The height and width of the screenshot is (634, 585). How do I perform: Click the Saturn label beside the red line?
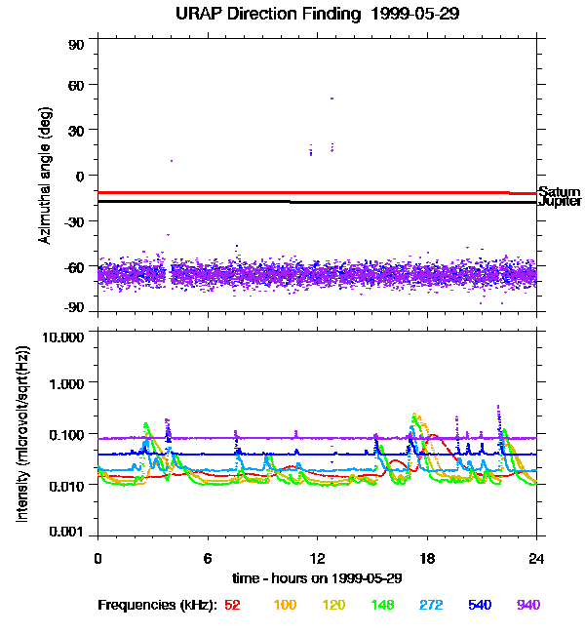coord(559,192)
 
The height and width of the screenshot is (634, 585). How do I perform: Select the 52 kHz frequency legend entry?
coord(232,605)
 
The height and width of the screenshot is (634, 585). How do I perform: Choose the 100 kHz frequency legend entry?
coord(285,605)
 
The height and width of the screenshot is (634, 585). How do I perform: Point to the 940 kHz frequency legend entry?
coord(527,605)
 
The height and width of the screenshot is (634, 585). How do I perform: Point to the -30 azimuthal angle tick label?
coord(74,220)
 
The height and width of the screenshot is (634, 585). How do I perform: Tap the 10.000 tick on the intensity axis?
coord(64,337)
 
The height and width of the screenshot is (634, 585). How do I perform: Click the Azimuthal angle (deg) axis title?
coord(45,176)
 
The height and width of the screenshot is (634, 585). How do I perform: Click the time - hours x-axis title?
coord(317,577)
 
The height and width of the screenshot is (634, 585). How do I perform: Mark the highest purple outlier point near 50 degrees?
coord(331,99)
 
